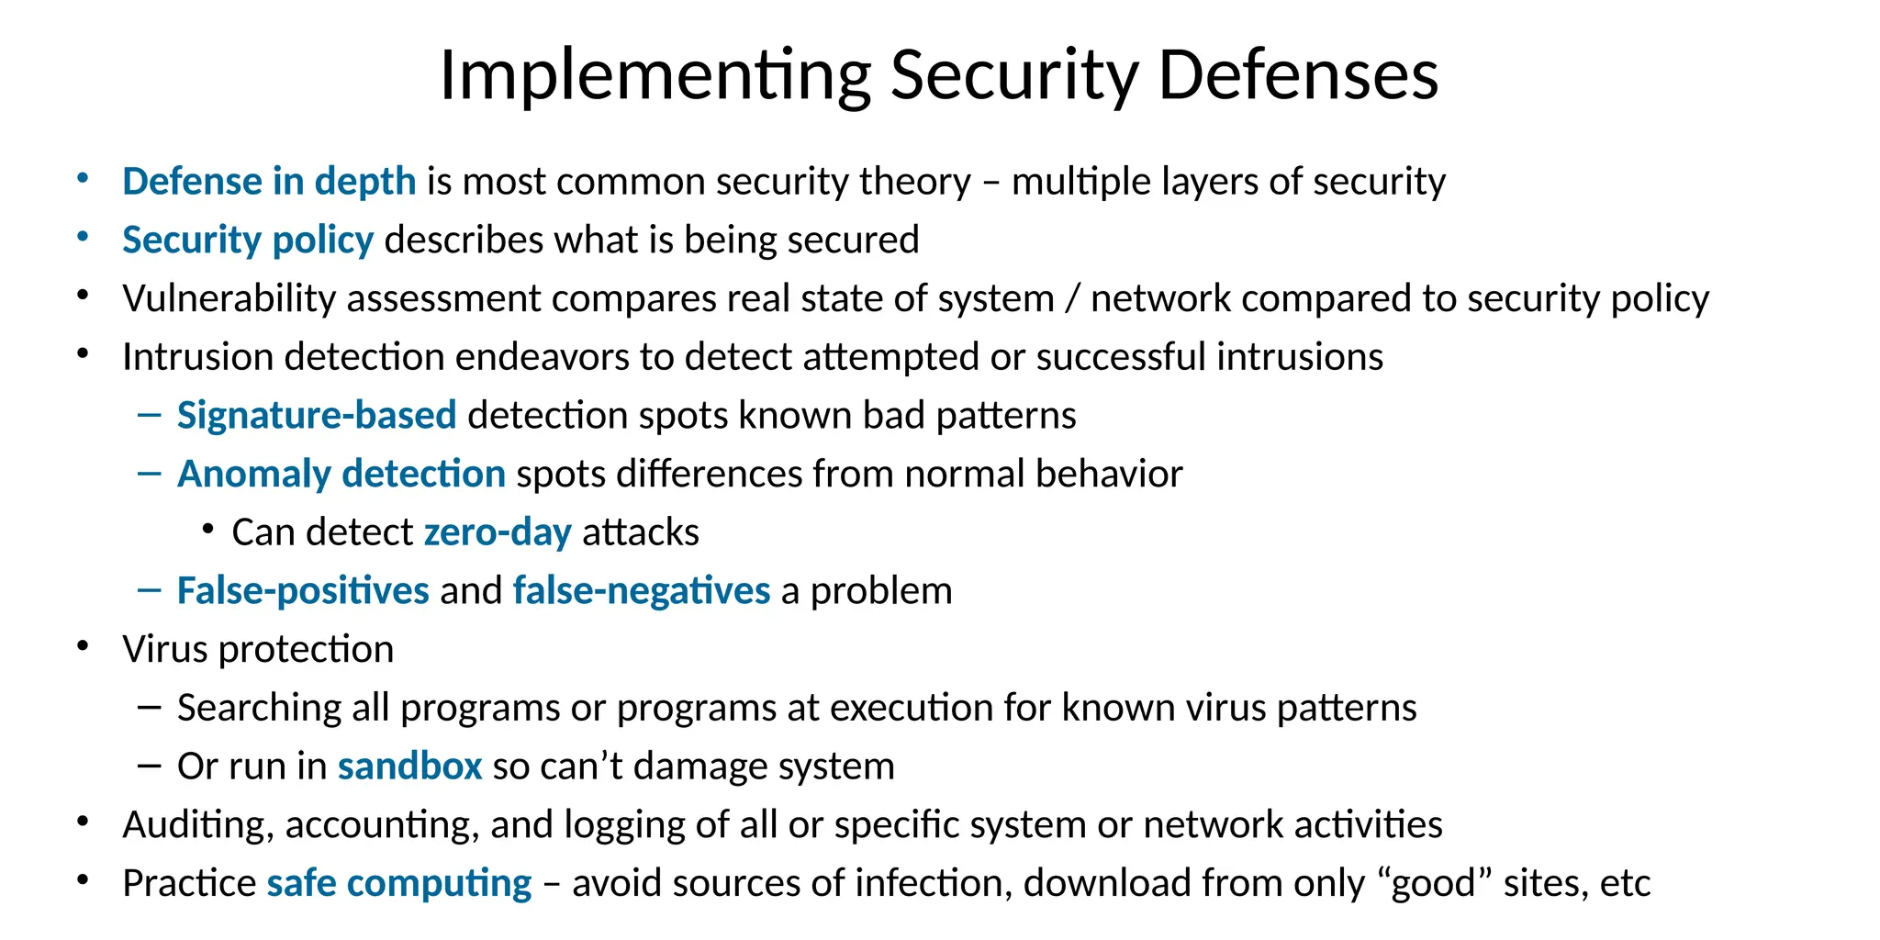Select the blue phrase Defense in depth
point(269,182)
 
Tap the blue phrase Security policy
point(248,241)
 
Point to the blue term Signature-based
point(317,416)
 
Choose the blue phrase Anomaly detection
point(341,475)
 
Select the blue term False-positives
point(303,591)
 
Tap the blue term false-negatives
point(641,591)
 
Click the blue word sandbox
point(409,767)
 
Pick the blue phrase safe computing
point(398,884)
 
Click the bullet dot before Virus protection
point(83,647)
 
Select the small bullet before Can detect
point(209,530)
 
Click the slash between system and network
point(1071,299)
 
